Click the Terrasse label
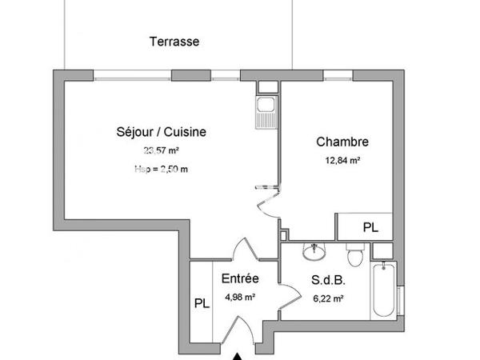(174, 41)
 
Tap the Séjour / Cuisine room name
(150, 132)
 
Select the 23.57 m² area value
(161, 150)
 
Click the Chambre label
(342, 142)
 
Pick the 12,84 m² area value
(342, 160)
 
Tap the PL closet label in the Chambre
(370, 227)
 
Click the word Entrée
(239, 279)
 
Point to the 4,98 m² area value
(239, 298)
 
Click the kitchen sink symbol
(263, 111)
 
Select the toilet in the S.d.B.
(356, 255)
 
